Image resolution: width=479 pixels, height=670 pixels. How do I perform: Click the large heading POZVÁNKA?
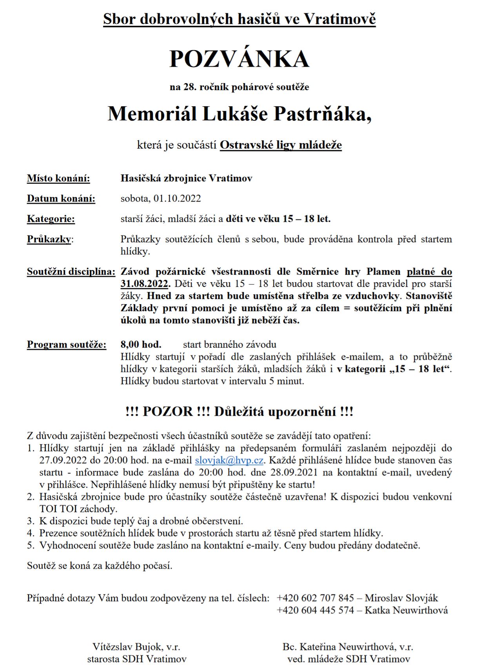tap(239, 59)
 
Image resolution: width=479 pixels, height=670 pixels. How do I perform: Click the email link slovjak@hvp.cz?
tap(229, 460)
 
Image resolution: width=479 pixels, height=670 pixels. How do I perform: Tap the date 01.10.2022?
tap(177, 198)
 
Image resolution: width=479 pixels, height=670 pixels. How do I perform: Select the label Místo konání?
tap(58, 178)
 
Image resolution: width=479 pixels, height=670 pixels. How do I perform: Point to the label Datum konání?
tap(61, 199)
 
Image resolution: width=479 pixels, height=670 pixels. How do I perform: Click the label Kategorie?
tap(51, 219)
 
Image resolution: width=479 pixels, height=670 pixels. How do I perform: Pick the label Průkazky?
tap(50, 239)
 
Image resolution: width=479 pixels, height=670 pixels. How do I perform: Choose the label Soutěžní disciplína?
tap(71, 272)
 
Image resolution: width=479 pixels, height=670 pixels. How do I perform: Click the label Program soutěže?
tap(66, 345)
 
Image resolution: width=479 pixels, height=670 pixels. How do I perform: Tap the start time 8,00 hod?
tap(141, 345)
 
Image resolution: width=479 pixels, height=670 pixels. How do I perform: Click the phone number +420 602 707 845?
tap(315, 598)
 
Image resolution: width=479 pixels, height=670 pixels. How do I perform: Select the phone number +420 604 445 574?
tap(315, 610)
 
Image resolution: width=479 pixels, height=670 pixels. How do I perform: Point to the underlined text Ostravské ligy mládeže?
tap(281, 145)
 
